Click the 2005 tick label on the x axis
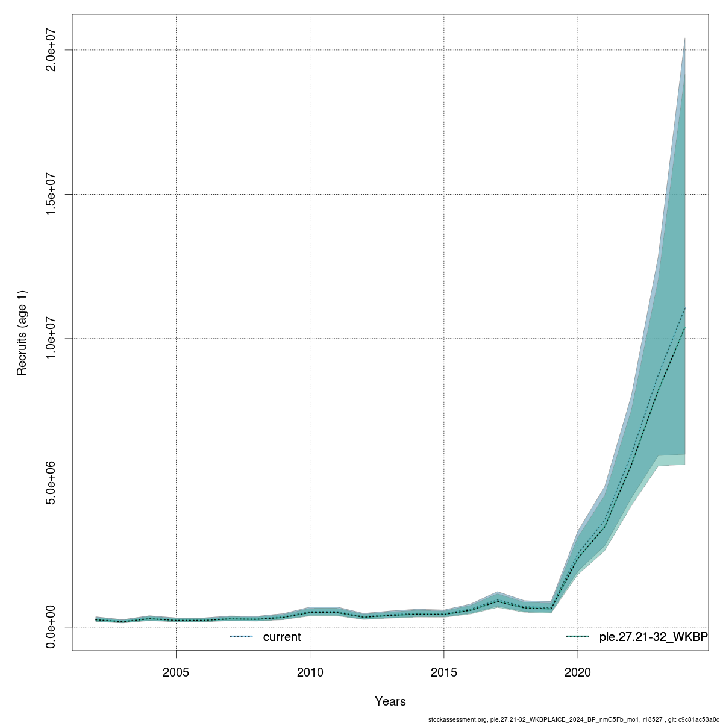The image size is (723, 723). pyautogui.click(x=176, y=672)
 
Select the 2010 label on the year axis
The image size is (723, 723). pyautogui.click(x=310, y=672)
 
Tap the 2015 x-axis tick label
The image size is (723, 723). pyautogui.click(x=444, y=672)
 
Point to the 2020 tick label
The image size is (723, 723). pyautogui.click(x=578, y=672)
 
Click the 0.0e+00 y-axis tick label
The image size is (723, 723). pyautogui.click(x=51, y=627)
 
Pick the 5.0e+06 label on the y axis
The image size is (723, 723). pyautogui.click(x=51, y=483)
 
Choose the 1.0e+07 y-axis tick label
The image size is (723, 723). pyautogui.click(x=51, y=339)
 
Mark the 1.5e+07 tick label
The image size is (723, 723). pyautogui.click(x=51, y=194)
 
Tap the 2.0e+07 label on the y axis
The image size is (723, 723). pyautogui.click(x=51, y=50)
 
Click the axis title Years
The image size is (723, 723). pyautogui.click(x=390, y=701)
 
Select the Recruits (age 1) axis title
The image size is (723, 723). pyautogui.click(x=22, y=333)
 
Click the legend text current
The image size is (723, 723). pyautogui.click(x=282, y=637)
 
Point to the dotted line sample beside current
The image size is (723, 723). pyautogui.click(x=241, y=637)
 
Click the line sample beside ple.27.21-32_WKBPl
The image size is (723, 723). pyautogui.click(x=577, y=637)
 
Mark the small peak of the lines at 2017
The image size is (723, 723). pyautogui.click(x=498, y=601)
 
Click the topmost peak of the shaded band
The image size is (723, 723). pyautogui.click(x=685, y=39)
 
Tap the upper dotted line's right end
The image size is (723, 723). pyautogui.click(x=685, y=308)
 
